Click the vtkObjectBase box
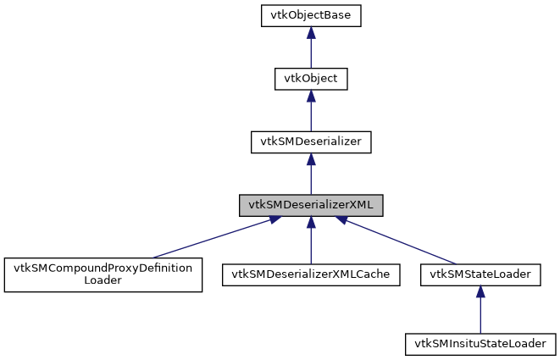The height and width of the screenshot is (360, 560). (311, 15)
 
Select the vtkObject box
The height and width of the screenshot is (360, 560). (311, 79)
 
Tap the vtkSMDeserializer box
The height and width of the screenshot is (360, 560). (311, 141)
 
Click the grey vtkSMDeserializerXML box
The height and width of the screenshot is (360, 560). (311, 205)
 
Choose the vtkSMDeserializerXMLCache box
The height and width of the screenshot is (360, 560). (311, 274)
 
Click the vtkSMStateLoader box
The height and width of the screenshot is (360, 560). (480, 274)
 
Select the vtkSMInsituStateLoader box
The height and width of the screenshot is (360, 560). (480, 344)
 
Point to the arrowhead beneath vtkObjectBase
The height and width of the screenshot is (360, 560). (311, 32)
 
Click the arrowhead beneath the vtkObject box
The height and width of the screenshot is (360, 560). (311, 96)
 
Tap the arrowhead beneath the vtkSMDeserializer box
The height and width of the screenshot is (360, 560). (311, 158)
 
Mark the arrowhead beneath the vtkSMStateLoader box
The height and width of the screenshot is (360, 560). (480, 291)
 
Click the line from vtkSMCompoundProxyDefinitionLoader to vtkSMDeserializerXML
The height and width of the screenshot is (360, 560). (212, 239)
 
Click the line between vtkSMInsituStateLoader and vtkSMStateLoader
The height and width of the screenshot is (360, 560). (480, 315)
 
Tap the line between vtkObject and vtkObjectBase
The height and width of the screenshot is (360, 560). (311, 53)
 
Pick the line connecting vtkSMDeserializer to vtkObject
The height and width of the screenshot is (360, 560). (311, 116)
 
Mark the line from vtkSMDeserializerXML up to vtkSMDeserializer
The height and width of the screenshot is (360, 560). (311, 180)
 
